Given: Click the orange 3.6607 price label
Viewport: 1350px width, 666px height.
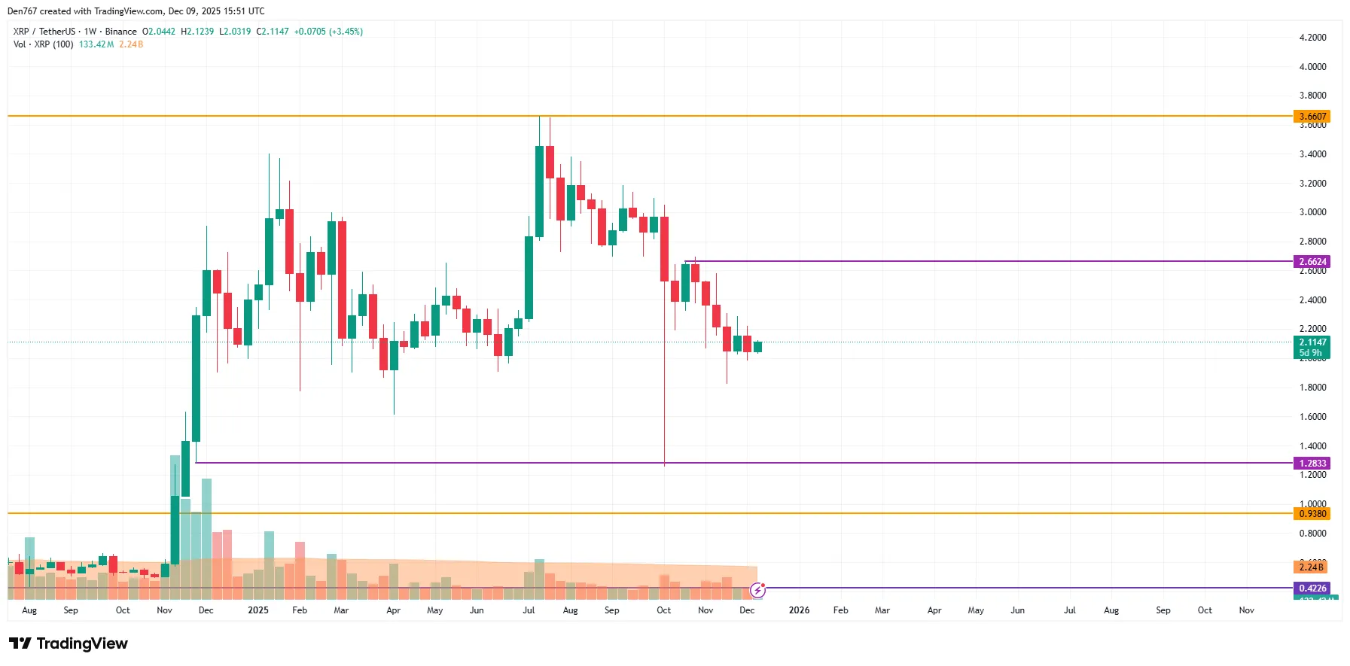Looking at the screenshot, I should pos(1312,117).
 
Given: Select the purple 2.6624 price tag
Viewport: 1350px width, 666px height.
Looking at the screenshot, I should pos(1312,262).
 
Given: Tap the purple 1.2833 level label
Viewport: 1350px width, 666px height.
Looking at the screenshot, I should pos(1312,464).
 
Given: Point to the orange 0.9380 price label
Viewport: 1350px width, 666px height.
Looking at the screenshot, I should pos(1312,514).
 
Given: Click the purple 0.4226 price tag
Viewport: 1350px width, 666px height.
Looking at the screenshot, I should pos(1312,588).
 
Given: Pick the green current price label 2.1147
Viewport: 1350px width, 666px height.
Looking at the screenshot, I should pos(1312,342).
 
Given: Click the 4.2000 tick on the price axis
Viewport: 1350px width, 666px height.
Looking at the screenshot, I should pos(1312,38).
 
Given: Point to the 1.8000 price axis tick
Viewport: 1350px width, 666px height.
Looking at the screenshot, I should pos(1312,388).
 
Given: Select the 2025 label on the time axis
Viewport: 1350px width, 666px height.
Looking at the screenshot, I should pos(258,610).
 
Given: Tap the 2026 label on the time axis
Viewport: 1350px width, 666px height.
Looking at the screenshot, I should pos(799,610).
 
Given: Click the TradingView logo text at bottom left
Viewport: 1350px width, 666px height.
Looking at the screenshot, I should pos(69,643).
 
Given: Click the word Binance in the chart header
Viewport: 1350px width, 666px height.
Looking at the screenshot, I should pos(120,32).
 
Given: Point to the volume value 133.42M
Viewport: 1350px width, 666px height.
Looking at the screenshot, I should pos(96,44).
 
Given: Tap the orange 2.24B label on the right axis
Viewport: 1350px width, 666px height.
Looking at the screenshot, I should pos(1311,567).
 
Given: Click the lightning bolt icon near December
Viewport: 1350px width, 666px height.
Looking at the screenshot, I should pos(757,591).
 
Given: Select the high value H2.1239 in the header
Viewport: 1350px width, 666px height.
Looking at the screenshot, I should pos(197,32).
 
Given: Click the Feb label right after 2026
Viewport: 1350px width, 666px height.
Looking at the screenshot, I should pos(840,610).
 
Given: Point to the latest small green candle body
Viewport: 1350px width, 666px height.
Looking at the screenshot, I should pos(757,347).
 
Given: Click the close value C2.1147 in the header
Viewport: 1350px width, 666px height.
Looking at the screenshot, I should pos(273,32).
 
